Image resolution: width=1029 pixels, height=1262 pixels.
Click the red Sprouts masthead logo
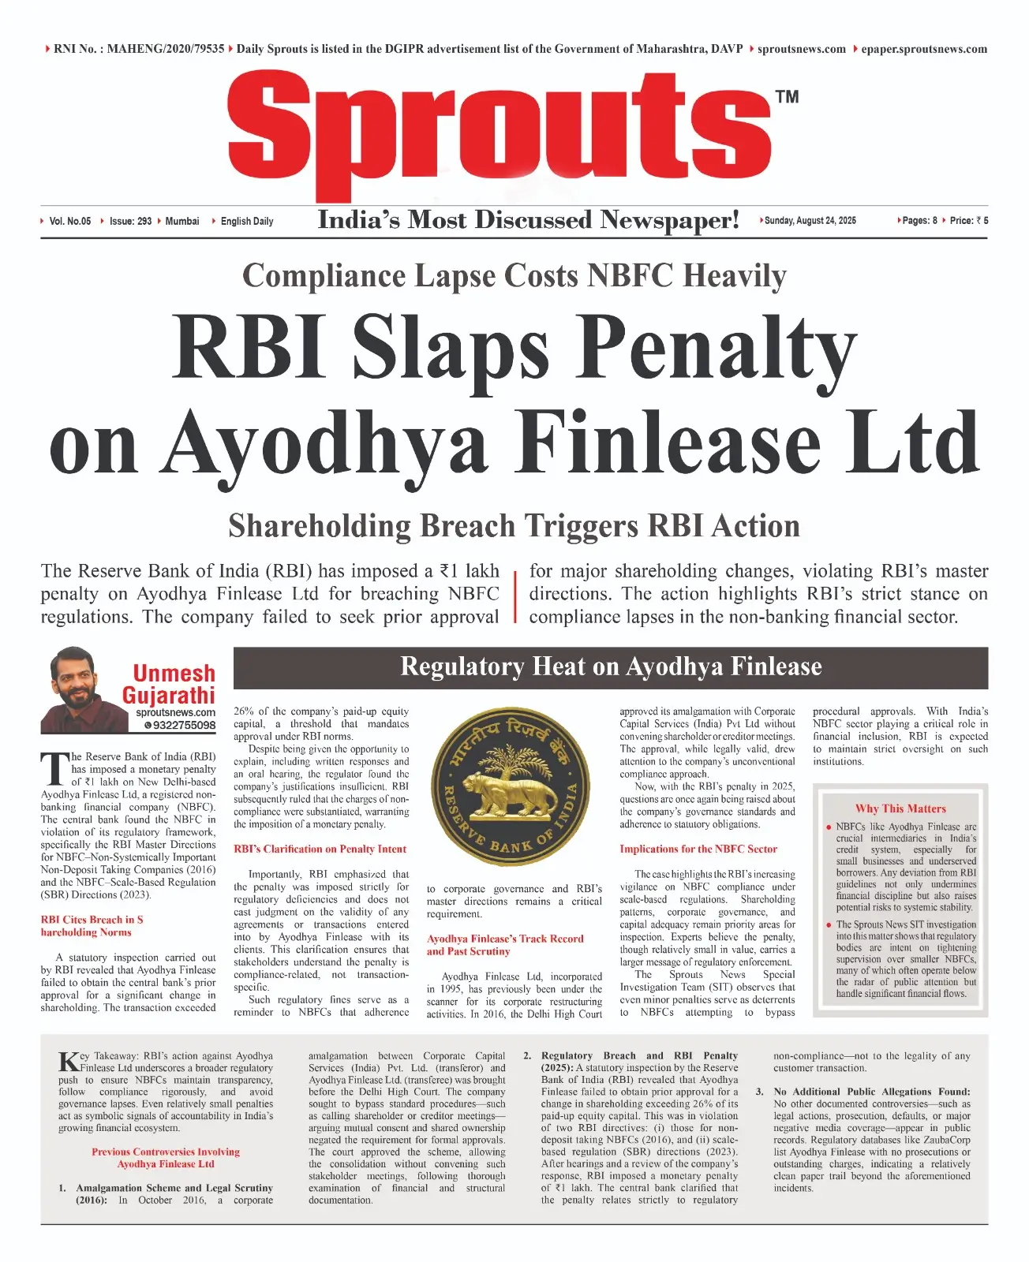pyautogui.click(x=500, y=134)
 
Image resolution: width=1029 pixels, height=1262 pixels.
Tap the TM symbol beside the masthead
pyautogui.click(x=787, y=97)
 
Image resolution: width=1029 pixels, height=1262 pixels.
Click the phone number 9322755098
pyautogui.click(x=183, y=725)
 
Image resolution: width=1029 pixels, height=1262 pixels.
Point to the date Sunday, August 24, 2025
pyautogui.click(x=810, y=221)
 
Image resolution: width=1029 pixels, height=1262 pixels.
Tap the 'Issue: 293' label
pyautogui.click(x=130, y=222)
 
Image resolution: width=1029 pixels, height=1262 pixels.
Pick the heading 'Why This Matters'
pyautogui.click(x=900, y=808)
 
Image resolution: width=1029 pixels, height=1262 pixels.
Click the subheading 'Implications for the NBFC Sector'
pyautogui.click(x=698, y=849)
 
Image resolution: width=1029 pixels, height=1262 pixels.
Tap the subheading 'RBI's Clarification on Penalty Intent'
pyautogui.click(x=320, y=849)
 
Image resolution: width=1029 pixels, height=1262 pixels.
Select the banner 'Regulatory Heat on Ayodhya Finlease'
pyautogui.click(x=611, y=667)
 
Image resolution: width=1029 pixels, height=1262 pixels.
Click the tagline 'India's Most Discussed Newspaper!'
pyautogui.click(x=528, y=220)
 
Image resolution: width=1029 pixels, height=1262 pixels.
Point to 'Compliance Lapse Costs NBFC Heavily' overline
pyautogui.click(x=514, y=276)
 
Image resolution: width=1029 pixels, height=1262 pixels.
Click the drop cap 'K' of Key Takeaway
pyautogui.click(x=69, y=1061)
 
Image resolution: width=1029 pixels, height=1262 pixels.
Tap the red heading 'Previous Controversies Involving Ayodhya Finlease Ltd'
pyautogui.click(x=166, y=1158)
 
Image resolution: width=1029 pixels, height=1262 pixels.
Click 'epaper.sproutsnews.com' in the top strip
pyautogui.click(x=923, y=49)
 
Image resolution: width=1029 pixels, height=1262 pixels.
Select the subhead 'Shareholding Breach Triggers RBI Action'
pyautogui.click(x=514, y=526)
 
